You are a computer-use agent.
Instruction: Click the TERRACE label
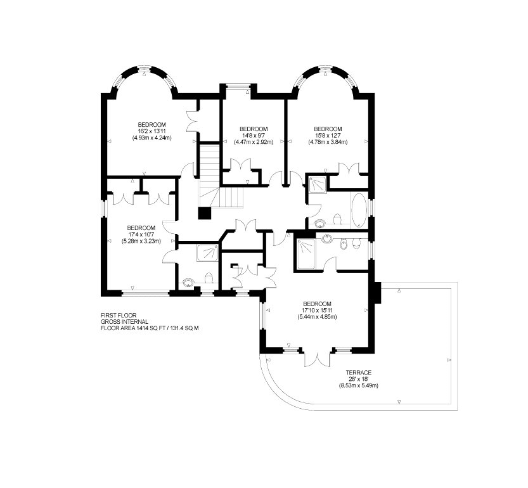(x=359, y=373)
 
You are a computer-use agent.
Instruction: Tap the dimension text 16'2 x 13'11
(x=152, y=131)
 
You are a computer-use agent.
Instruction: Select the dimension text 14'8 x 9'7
(x=254, y=136)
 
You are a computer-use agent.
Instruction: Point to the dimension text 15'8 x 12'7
(x=328, y=136)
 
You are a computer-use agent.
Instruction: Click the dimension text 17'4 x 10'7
(x=141, y=234)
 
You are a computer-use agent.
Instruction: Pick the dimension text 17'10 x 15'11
(x=317, y=310)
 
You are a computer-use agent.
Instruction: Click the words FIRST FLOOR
(x=119, y=315)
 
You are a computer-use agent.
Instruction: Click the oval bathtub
(x=359, y=210)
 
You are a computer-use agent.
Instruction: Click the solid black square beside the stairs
(x=205, y=213)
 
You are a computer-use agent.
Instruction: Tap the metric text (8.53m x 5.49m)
(x=359, y=385)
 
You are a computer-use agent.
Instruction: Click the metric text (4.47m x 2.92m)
(x=254, y=142)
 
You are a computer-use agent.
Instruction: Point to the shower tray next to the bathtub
(x=318, y=184)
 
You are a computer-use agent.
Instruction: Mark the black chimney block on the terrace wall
(x=377, y=293)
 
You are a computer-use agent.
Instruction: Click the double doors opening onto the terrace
(x=317, y=359)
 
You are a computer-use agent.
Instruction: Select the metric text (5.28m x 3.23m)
(x=141, y=241)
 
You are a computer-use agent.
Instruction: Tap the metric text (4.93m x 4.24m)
(x=152, y=138)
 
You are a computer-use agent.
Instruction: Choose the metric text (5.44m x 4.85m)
(x=317, y=317)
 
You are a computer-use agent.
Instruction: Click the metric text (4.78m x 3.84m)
(x=328, y=142)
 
